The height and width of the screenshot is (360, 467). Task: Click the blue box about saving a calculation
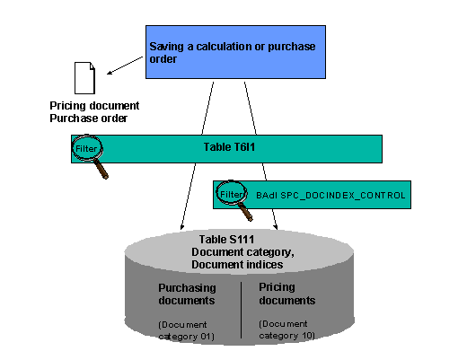pyautogui.click(x=235, y=51)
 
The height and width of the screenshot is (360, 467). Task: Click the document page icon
pyautogui.click(x=83, y=76)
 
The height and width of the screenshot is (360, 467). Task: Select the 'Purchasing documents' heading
pyautogui.click(x=188, y=295)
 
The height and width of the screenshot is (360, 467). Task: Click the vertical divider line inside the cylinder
pyautogui.click(x=242, y=310)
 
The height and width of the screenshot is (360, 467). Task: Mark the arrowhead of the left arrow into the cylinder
pyautogui.click(x=182, y=228)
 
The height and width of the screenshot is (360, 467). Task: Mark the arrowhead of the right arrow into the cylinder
pyautogui.click(x=274, y=229)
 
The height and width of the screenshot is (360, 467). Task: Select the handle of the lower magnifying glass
pyautogui.click(x=246, y=213)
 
